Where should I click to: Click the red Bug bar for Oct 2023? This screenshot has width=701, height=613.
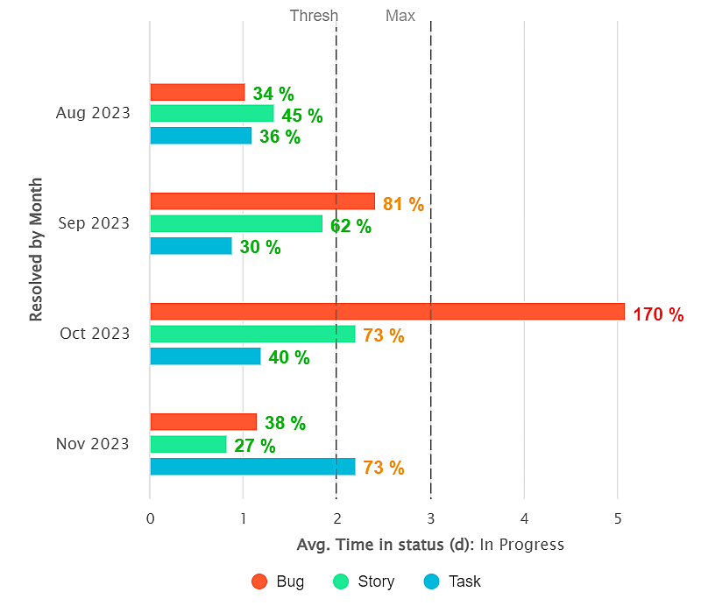point(386,311)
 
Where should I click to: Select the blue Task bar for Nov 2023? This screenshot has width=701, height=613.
point(252,466)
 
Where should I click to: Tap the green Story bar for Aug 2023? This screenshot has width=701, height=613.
point(211,114)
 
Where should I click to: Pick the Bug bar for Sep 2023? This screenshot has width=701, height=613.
point(262,201)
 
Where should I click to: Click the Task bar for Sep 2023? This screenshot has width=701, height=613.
point(191,246)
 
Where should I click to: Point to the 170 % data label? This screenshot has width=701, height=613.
point(657,314)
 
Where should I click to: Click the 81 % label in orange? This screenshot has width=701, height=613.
point(403,204)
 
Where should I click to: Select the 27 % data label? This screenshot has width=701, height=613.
point(254,446)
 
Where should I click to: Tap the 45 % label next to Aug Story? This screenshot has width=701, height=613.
point(301,116)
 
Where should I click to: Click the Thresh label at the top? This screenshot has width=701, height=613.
point(314,16)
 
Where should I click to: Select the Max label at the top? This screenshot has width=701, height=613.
point(400,16)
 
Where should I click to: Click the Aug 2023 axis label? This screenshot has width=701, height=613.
point(93,113)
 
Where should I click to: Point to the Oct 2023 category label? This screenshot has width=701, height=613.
point(94,334)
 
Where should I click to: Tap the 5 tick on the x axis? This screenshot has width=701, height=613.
point(618,518)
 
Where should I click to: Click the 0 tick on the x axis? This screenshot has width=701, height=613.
point(151,518)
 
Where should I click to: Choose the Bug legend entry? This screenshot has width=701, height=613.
point(279,581)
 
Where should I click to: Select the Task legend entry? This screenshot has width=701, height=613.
point(452,581)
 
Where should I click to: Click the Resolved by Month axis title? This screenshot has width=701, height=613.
point(36,250)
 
